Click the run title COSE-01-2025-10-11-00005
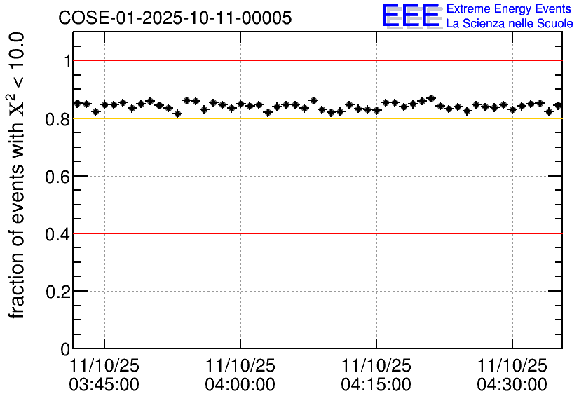click(175, 18)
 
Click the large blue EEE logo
click(411, 16)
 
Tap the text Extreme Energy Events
click(509, 9)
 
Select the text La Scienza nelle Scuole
click(509, 24)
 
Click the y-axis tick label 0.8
click(59, 118)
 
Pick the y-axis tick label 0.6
click(59, 176)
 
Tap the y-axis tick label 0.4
click(59, 233)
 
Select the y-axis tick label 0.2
click(59, 291)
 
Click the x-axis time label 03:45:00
click(104, 384)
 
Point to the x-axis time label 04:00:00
click(240, 384)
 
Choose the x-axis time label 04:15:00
click(376, 384)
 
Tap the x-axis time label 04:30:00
click(512, 384)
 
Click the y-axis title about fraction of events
click(19, 175)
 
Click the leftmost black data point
click(78, 103)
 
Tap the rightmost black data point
click(558, 105)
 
